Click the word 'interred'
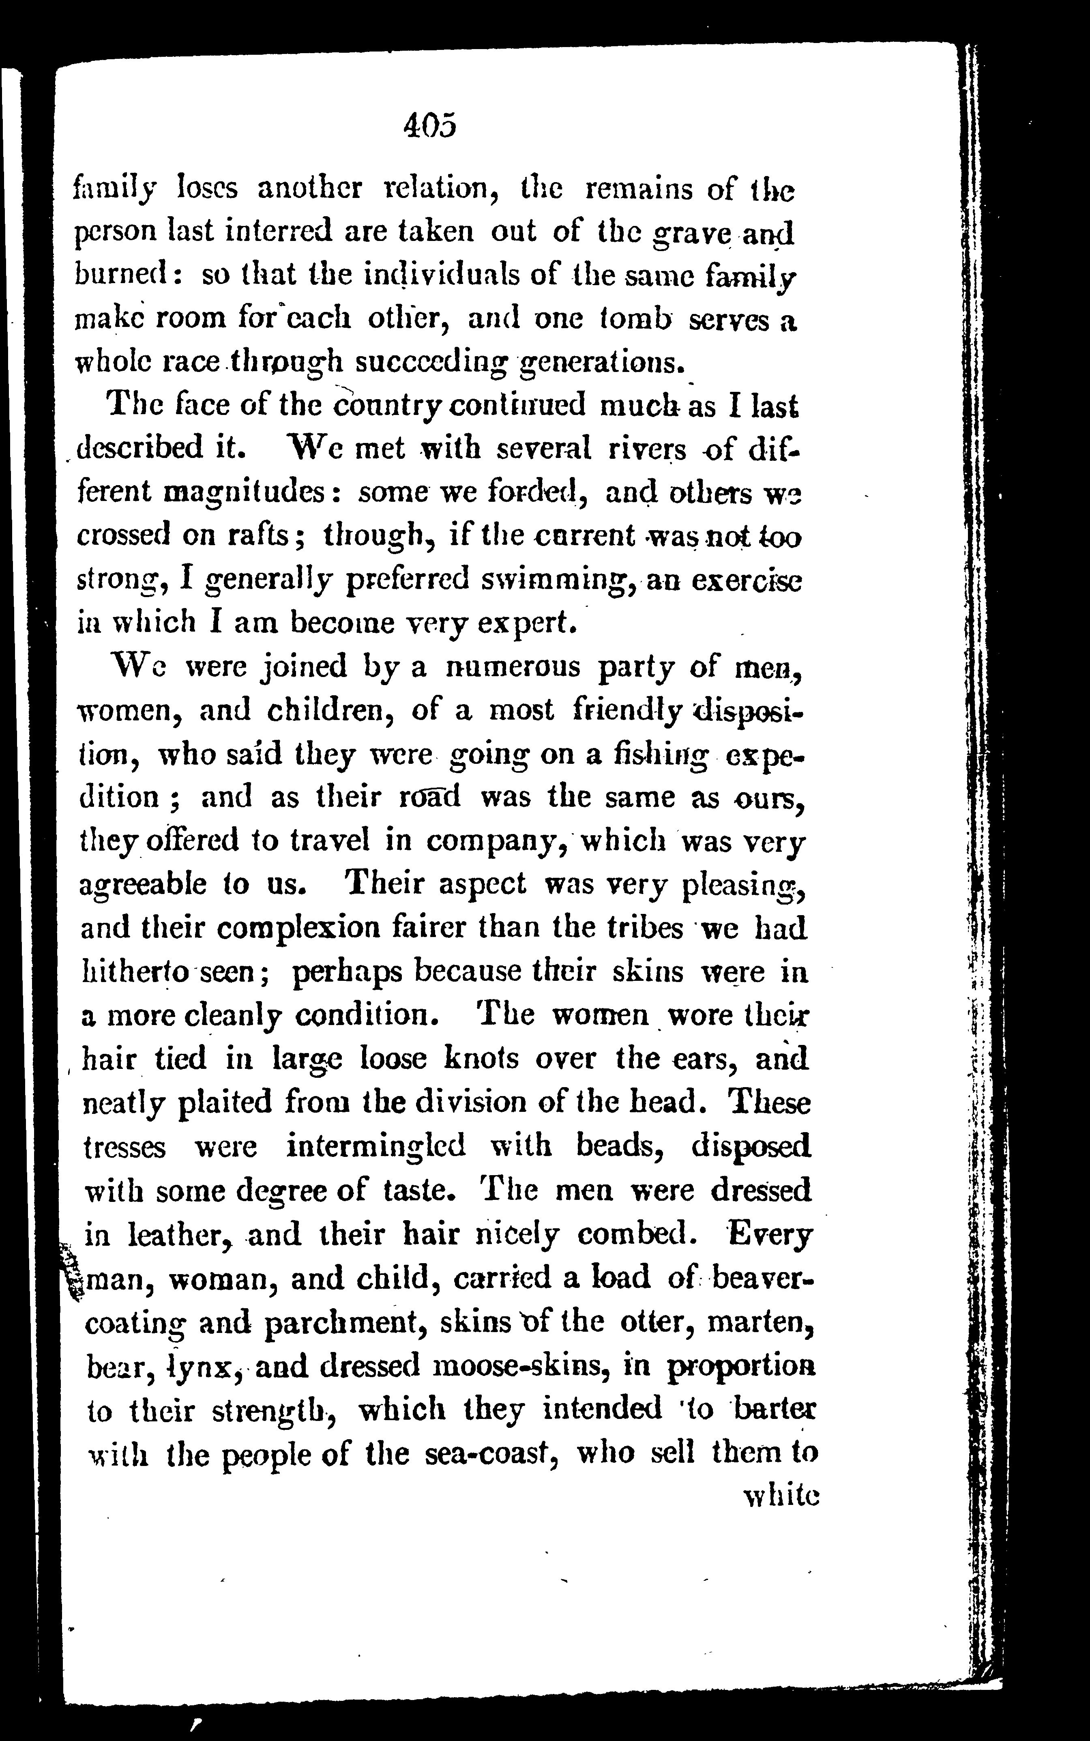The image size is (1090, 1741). coord(269,231)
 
